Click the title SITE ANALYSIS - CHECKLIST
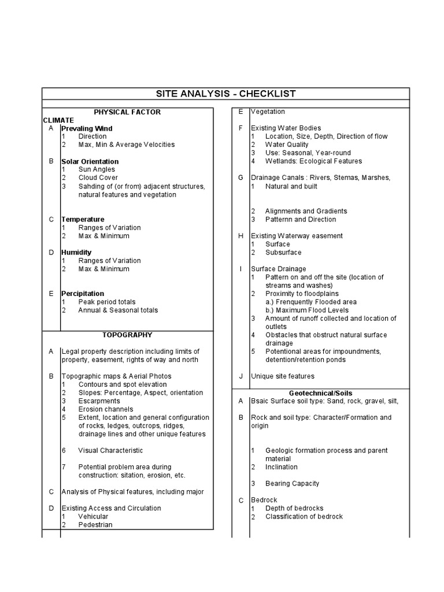pos(226,94)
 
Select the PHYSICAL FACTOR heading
pos(127,112)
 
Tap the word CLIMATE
pos(58,120)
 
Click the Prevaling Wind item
pos(87,128)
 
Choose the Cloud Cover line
pos(98,178)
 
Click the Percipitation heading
pos(83,294)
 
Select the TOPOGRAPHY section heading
pos(127,335)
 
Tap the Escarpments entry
pos(99,401)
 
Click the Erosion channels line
pos(106,409)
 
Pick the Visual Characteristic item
pos(110,450)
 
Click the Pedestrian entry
pos(95,525)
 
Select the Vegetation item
pos(268,112)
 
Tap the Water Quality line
pos(287,145)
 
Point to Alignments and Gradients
pos(306,211)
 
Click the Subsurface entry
pos(283,253)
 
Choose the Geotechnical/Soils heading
pos(320,393)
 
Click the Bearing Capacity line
pos(292,483)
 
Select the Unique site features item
pos(282,376)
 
